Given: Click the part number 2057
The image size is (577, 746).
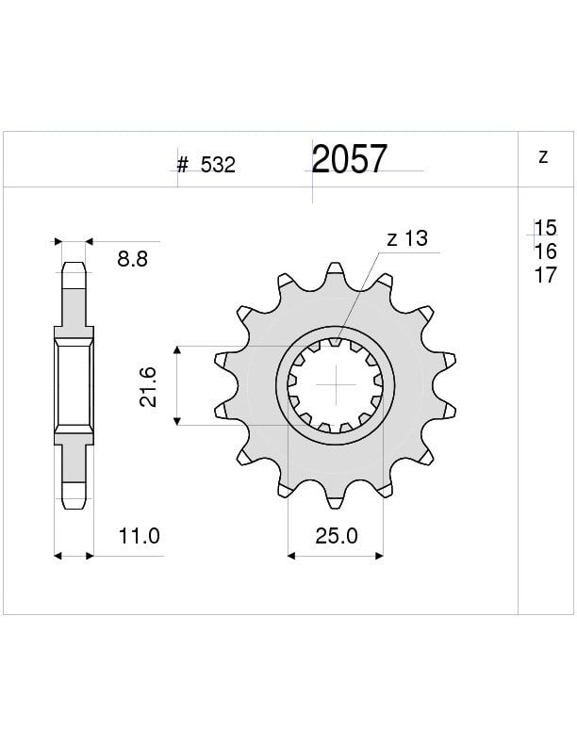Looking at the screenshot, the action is (x=349, y=159).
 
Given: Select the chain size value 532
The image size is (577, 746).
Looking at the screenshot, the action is (x=218, y=165).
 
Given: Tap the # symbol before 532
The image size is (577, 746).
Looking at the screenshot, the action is (x=182, y=165).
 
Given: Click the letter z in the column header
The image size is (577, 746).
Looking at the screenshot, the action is (x=543, y=156).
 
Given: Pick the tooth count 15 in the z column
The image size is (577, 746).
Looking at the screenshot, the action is (x=546, y=228).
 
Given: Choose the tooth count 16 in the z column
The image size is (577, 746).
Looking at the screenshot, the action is (x=546, y=251).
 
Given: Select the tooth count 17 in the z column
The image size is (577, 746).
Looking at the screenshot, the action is (x=546, y=275).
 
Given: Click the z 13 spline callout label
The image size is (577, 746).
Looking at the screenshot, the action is (x=407, y=238).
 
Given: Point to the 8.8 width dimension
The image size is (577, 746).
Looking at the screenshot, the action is (x=132, y=259).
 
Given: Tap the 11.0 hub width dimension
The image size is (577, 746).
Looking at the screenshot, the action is (x=139, y=536).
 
